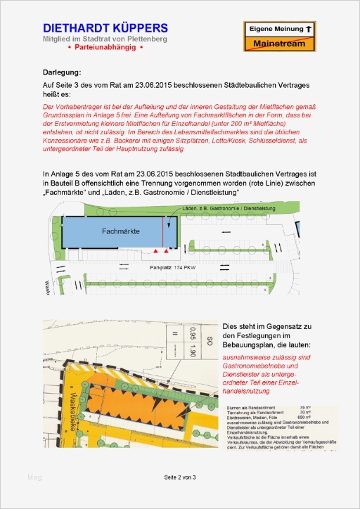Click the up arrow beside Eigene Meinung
[308, 30]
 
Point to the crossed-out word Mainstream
[279, 44]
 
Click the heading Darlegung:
[62, 72]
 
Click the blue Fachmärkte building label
[120, 231]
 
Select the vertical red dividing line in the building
[165, 232]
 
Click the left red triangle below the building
[155, 251]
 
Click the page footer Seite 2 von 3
[180, 477]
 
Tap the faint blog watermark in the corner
[35, 477]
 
